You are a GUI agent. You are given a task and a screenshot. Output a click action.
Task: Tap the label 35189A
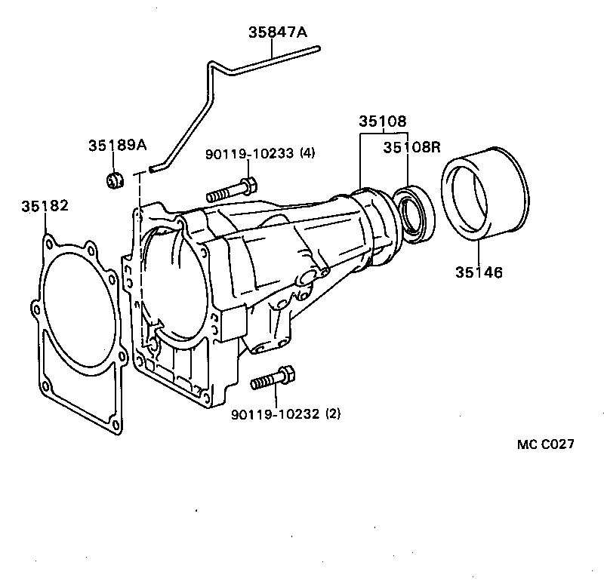coord(116,145)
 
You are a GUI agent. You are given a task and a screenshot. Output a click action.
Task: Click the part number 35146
coord(479,272)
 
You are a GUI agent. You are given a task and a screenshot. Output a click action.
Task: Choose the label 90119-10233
coord(250,153)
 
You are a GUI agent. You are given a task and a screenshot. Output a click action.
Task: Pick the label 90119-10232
coord(276,413)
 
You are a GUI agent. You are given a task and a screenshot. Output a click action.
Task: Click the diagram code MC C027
coord(545,444)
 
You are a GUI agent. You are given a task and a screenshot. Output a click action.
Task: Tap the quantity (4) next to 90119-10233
coord(307,153)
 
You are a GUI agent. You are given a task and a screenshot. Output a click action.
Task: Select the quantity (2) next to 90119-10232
coord(333,413)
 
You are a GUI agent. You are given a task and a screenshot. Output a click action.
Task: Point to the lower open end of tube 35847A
coord(153,170)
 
